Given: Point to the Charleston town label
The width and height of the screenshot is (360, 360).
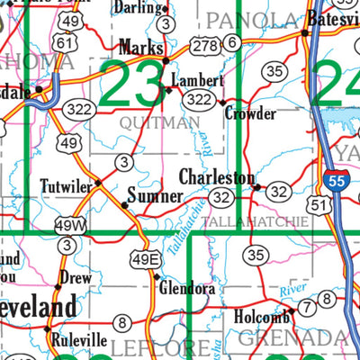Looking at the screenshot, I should [x=216, y=176].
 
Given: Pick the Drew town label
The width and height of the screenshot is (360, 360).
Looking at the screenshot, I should [x=76, y=278].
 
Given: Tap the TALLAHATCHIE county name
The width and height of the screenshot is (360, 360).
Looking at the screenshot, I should [x=249, y=220].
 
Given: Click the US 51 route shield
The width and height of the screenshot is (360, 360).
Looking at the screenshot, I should [x=318, y=206].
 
